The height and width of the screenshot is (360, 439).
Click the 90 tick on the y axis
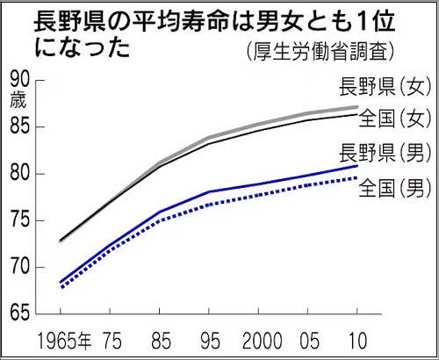pyautogui.click(x=21, y=80)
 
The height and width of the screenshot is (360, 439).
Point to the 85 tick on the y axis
pyautogui.click(x=21, y=126)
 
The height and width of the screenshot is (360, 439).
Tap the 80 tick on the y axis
pyautogui.click(x=21, y=173)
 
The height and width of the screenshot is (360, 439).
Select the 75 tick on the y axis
pyautogui.click(x=21, y=220)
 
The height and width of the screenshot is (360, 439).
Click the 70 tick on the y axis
pyautogui.click(x=21, y=266)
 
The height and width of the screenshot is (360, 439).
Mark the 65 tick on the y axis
pyautogui.click(x=21, y=313)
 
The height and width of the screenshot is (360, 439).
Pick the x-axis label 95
pyautogui.click(x=209, y=339)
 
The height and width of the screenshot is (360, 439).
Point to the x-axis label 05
pyautogui.click(x=308, y=339)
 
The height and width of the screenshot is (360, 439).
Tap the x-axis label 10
pyautogui.click(x=356, y=339)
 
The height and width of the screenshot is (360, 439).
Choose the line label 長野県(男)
pyautogui.click(x=383, y=155)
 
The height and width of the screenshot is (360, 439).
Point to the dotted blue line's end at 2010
pyautogui.click(x=356, y=178)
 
